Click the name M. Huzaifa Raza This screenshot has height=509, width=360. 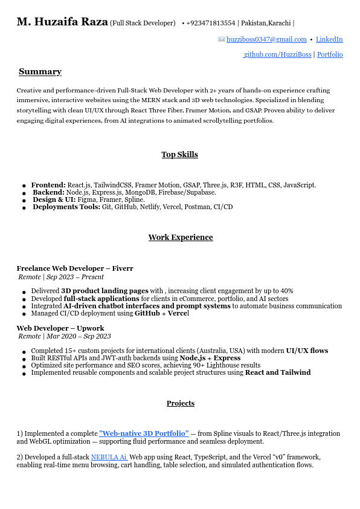click(x=62, y=22)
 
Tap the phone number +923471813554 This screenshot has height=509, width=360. click(x=211, y=23)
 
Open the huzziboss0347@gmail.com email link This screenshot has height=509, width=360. click(x=266, y=39)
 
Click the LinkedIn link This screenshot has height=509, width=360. click(x=329, y=39)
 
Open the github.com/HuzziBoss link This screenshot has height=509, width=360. click(x=278, y=54)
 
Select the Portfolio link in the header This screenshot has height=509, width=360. click(x=330, y=54)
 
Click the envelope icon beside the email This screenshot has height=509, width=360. click(x=222, y=39)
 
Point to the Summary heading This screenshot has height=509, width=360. click(x=40, y=72)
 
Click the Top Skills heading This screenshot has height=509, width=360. click(x=179, y=155)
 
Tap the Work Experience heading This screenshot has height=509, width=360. click(x=181, y=238)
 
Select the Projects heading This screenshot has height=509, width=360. click(x=181, y=403)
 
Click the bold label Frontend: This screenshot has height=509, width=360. click(x=48, y=185)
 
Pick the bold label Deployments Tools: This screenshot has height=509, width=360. click(x=66, y=207)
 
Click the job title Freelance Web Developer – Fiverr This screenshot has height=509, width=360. click(x=75, y=268)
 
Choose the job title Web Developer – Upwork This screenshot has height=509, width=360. click(x=60, y=328)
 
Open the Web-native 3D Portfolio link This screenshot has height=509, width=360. click(x=144, y=433)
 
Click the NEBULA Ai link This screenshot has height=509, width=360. click(x=109, y=457)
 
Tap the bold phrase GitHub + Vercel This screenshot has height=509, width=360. click(x=161, y=313)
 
